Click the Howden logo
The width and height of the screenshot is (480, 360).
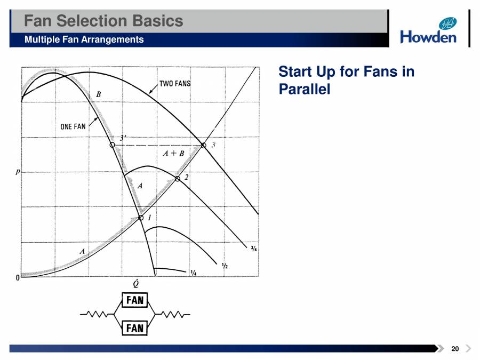(x=428, y=31)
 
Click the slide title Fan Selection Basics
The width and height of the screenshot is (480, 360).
(x=104, y=21)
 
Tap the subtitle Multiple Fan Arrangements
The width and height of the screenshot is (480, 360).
(x=84, y=39)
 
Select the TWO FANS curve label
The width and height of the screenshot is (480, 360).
(x=175, y=84)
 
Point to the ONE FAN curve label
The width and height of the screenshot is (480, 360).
(x=73, y=127)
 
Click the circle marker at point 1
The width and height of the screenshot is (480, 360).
(x=141, y=218)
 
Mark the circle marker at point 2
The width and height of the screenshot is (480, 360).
(x=178, y=179)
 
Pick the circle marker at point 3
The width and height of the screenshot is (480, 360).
(x=203, y=145)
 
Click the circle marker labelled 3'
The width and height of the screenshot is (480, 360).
(x=112, y=145)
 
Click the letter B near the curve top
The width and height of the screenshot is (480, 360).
(x=98, y=94)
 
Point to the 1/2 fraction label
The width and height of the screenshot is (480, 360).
(x=225, y=265)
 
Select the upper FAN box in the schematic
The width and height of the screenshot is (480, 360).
(x=135, y=300)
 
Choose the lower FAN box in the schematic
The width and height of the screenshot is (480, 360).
(x=135, y=327)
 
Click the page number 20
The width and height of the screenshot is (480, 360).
(x=455, y=349)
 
